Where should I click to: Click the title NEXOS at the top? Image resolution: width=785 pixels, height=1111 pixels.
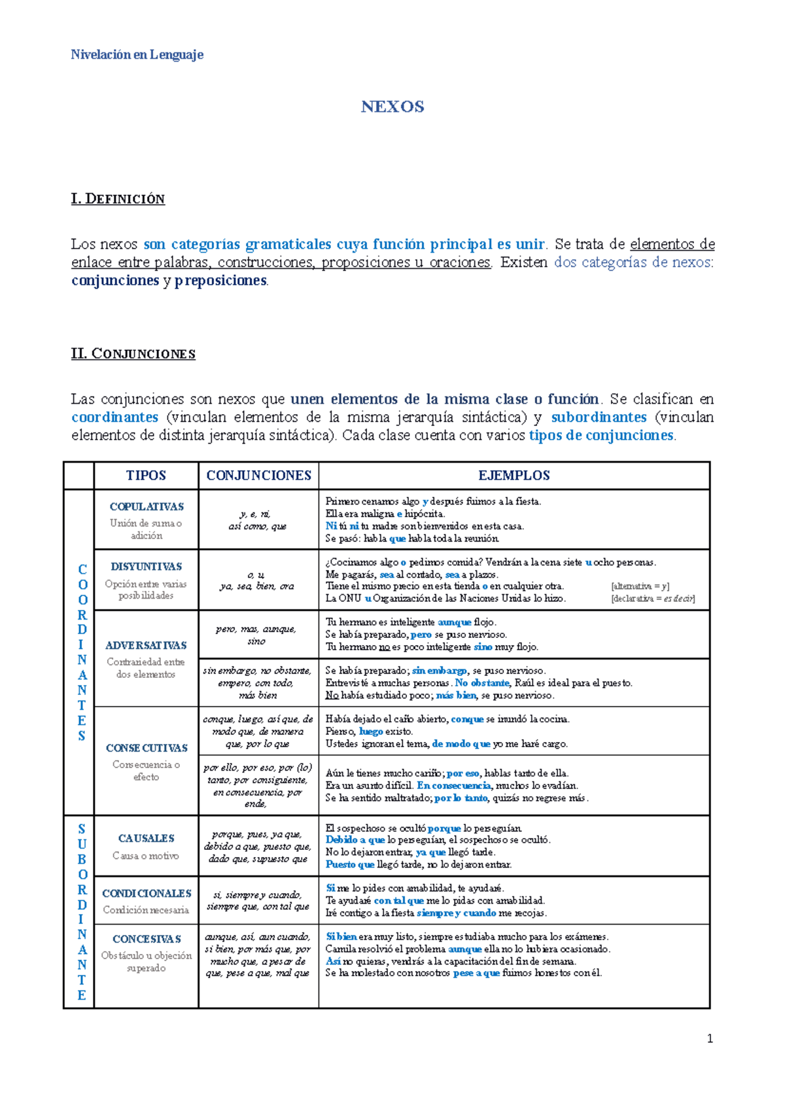pyautogui.click(x=392, y=107)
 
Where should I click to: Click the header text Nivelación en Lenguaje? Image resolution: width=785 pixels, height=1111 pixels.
pyautogui.click(x=137, y=55)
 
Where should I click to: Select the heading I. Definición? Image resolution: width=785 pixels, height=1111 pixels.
pyautogui.click(x=118, y=199)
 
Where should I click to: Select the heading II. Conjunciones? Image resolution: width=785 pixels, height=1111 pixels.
pyautogui.click(x=133, y=354)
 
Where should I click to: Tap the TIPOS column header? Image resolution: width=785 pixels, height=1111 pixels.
pyautogui.click(x=146, y=476)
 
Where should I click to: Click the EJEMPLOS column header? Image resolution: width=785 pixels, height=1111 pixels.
pyautogui.click(x=514, y=476)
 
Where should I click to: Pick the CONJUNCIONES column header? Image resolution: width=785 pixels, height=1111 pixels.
pyautogui.click(x=258, y=476)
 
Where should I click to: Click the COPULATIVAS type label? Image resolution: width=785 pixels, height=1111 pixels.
pyautogui.click(x=147, y=507)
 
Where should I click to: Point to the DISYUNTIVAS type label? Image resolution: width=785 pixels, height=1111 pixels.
pyautogui.click(x=147, y=567)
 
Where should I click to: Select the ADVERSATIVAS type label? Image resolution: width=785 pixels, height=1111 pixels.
pyautogui.click(x=146, y=646)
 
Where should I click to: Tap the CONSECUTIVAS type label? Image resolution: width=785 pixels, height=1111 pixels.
pyautogui.click(x=147, y=748)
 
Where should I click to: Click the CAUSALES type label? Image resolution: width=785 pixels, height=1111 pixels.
pyautogui.click(x=146, y=839)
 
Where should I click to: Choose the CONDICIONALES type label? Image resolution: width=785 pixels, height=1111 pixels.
pyautogui.click(x=147, y=894)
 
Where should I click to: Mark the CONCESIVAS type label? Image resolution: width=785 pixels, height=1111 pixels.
pyautogui.click(x=147, y=940)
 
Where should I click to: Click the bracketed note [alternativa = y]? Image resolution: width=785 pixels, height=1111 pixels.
pyautogui.click(x=640, y=587)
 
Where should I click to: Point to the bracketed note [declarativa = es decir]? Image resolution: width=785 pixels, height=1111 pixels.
pyautogui.click(x=652, y=599)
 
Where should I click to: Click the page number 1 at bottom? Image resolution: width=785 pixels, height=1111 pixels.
pyautogui.click(x=710, y=1039)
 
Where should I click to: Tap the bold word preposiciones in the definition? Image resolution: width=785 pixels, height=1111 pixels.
pyautogui.click(x=221, y=281)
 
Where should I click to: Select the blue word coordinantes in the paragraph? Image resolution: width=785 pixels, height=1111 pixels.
pyautogui.click(x=114, y=417)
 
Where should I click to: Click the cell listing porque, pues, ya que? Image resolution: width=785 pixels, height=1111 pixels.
pyautogui.click(x=258, y=847)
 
